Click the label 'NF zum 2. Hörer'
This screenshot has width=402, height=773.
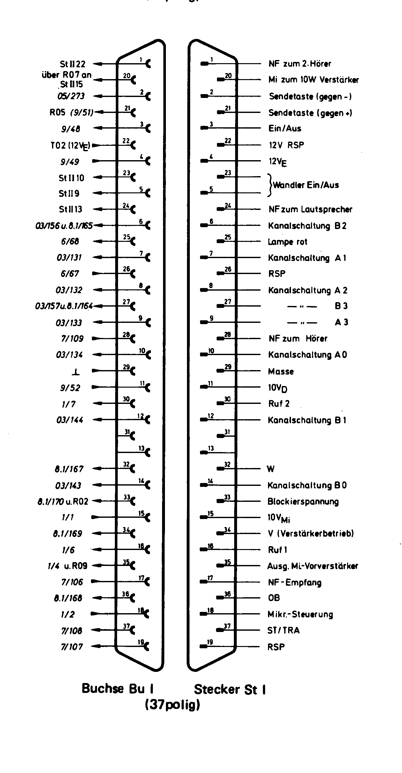pyautogui.click(x=300, y=64)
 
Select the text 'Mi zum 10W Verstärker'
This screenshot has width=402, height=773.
pyautogui.click(x=313, y=80)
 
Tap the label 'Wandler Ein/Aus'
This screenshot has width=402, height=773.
pyautogui.click(x=306, y=185)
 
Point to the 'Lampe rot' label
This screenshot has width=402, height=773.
pyautogui.click(x=287, y=242)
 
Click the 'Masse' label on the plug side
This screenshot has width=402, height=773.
pyautogui.click(x=281, y=371)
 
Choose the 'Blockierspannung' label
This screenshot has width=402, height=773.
pyautogui.click(x=303, y=502)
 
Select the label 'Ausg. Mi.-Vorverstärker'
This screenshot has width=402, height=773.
pyautogui.click(x=312, y=566)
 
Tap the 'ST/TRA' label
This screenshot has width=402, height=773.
pyautogui.click(x=283, y=630)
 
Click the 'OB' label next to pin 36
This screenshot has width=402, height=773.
pyautogui.click(x=274, y=598)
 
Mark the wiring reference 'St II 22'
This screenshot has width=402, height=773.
pyautogui.click(x=73, y=64)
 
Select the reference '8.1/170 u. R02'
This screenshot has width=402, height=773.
pyautogui.click(x=63, y=502)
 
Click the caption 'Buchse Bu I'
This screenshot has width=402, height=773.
pyautogui.click(x=117, y=688)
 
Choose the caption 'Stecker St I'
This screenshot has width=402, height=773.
pyautogui.click(x=230, y=689)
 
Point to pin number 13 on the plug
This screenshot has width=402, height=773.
pyautogui.click(x=211, y=448)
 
